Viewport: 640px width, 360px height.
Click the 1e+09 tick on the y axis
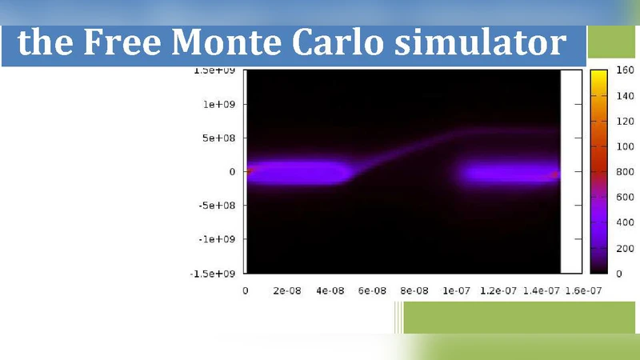(218, 104)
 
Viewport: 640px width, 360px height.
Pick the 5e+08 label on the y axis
(218, 138)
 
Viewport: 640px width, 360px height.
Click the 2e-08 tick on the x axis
(286, 291)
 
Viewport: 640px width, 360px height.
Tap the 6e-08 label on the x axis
(371, 291)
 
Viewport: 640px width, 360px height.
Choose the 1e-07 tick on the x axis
(456, 291)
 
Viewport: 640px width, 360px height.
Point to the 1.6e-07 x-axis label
(582, 291)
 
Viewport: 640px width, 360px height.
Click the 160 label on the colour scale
(625, 70)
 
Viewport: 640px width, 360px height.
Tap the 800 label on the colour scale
(625, 172)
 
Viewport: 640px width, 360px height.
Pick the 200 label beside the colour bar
(625, 249)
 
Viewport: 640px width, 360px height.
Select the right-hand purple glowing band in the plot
(508, 173)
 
